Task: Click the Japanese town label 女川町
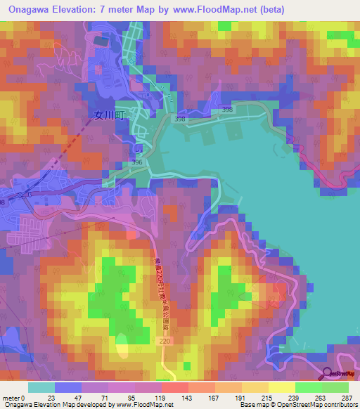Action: [108, 117]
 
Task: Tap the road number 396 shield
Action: [137, 163]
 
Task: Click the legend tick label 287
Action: [342, 397]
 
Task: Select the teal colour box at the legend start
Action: [41, 387]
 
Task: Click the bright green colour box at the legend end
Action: [335, 387]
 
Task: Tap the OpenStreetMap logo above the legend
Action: [338, 375]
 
